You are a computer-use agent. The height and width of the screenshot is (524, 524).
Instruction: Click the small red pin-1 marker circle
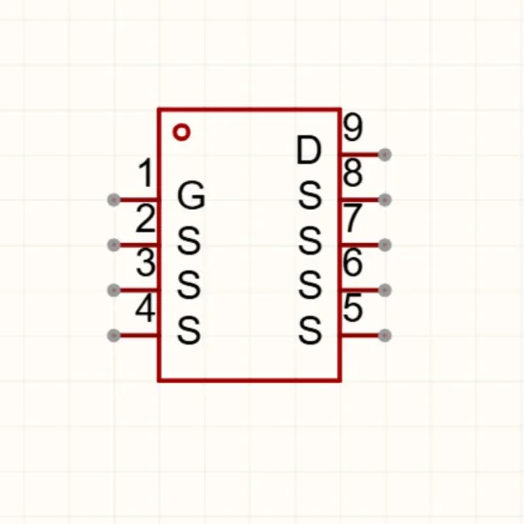tap(181, 132)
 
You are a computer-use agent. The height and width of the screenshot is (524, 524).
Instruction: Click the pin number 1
tap(147, 173)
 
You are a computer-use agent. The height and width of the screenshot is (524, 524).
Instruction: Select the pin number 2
tap(146, 219)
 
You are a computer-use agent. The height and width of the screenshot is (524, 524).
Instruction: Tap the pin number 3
tap(146, 263)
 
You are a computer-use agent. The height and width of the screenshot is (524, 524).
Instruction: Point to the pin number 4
tap(146, 308)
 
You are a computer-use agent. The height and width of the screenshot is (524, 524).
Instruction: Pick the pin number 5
tap(353, 308)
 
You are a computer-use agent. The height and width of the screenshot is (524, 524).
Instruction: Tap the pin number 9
tap(353, 128)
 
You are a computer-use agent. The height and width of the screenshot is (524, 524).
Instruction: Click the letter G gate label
tap(191, 196)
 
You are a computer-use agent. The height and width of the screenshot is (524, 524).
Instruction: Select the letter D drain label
tap(309, 151)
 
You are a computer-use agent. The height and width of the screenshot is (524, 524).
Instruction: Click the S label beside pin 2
tap(190, 241)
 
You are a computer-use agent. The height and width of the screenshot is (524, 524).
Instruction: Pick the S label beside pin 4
tap(190, 332)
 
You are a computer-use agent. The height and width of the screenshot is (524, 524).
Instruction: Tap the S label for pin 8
tap(311, 196)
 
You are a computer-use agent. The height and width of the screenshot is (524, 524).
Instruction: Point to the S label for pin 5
tap(311, 332)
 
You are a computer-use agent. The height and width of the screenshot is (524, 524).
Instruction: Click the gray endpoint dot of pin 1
tap(114, 200)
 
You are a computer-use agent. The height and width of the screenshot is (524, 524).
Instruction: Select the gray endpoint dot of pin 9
tap(385, 154)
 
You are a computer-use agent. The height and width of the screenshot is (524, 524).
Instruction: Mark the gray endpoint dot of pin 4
tap(114, 335)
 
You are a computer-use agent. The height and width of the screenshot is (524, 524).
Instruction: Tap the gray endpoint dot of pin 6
tap(385, 290)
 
